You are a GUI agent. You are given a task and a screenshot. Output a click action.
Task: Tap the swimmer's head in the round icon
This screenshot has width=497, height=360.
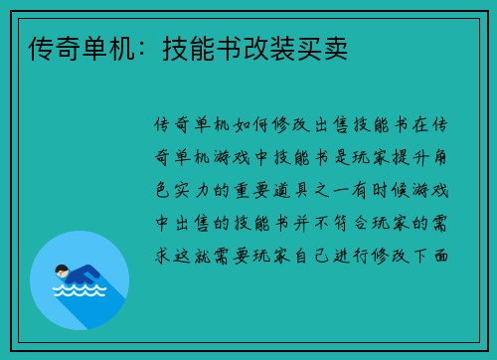61,270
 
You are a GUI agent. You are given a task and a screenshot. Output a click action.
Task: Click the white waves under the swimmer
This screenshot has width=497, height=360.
78,292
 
